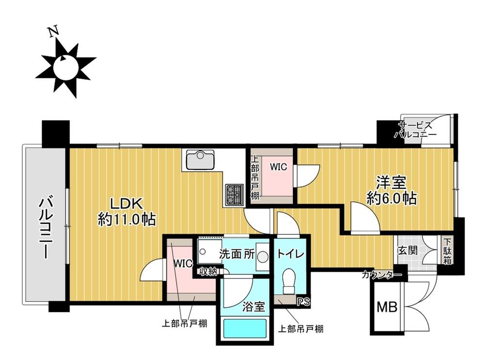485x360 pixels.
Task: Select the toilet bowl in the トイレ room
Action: (290, 280)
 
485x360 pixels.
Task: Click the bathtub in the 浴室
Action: (244, 330)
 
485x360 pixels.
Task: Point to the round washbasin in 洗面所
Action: (263, 257)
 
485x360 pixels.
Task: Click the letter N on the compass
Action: (54, 32)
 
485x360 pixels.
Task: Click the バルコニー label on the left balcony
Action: (45, 227)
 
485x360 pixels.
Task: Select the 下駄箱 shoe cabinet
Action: (446, 250)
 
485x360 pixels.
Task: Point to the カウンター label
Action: (381, 276)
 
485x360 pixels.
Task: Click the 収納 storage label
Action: (208, 271)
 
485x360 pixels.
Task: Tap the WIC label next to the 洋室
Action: (278, 167)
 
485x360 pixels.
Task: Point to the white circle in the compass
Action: (65, 67)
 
